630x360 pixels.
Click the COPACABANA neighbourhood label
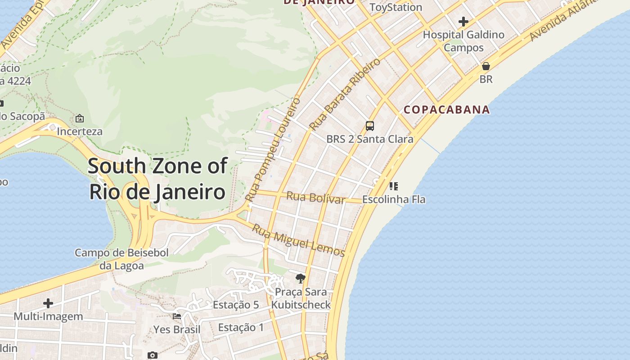[x=446, y=109]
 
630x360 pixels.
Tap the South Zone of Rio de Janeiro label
[x=157, y=179]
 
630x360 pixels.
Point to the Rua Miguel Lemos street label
[x=298, y=240]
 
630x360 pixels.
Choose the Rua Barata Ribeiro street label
[x=345, y=94]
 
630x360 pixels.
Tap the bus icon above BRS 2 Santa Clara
[x=370, y=126]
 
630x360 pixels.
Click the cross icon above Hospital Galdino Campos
[x=463, y=22]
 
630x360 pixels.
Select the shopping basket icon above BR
[x=486, y=67]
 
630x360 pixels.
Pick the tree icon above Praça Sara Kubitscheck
[x=301, y=279]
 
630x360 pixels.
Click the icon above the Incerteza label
[x=80, y=118]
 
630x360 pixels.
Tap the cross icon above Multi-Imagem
[x=48, y=303]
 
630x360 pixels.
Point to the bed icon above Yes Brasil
[x=177, y=316]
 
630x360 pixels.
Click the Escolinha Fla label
[x=394, y=199]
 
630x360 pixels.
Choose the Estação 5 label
[x=236, y=305]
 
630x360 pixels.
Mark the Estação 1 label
[x=241, y=328]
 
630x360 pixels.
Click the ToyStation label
[x=396, y=7]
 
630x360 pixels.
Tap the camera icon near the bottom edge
[x=153, y=355]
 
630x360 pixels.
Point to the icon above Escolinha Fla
[x=394, y=186]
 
